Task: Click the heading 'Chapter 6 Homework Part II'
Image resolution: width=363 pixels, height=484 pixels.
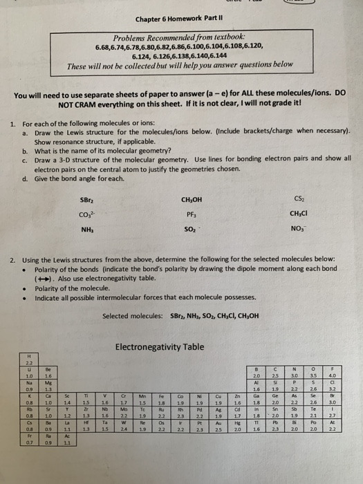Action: click(182, 19)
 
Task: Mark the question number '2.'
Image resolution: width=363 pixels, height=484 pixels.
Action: click(14, 260)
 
